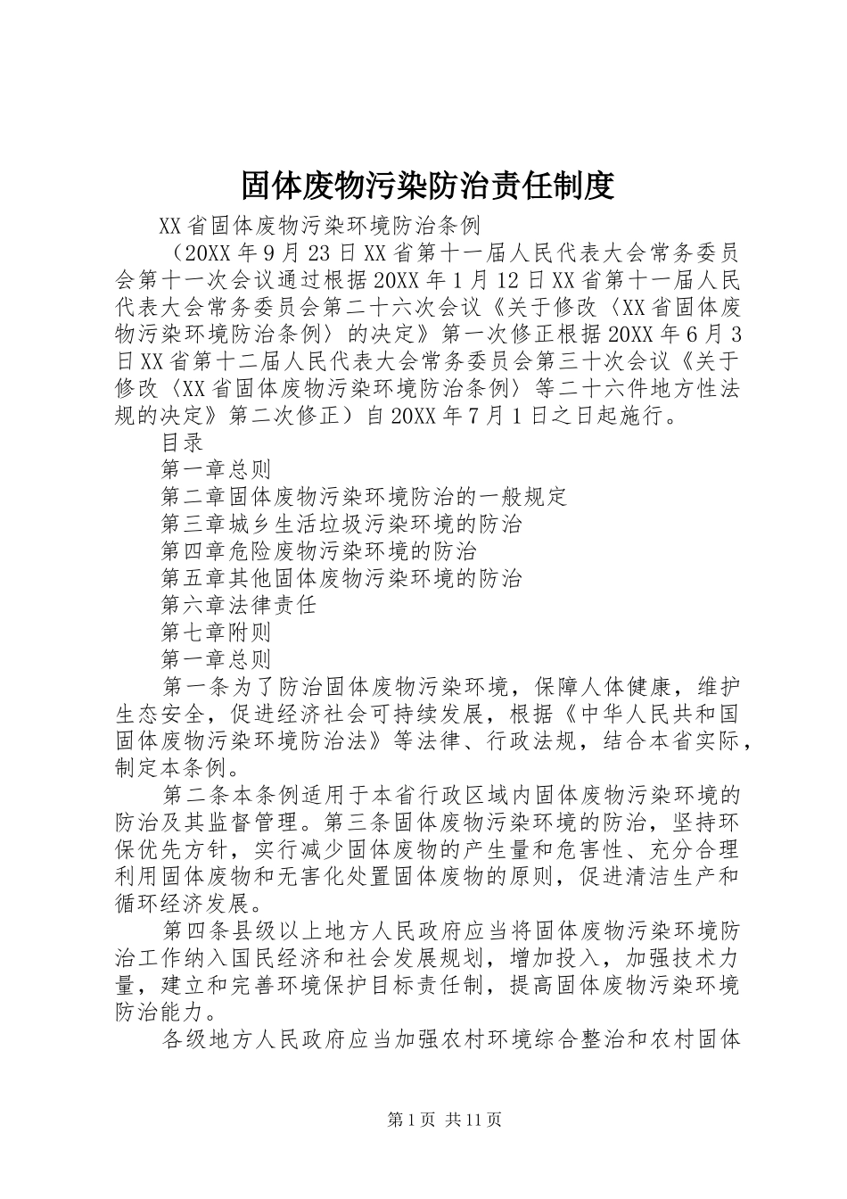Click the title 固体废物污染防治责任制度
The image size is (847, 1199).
(428, 186)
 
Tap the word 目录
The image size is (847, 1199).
(183, 442)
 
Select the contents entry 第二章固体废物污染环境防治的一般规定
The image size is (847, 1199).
(364, 496)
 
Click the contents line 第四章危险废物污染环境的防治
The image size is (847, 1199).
(318, 550)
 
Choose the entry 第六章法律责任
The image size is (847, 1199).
(239, 606)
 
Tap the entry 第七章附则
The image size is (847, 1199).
(216, 633)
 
